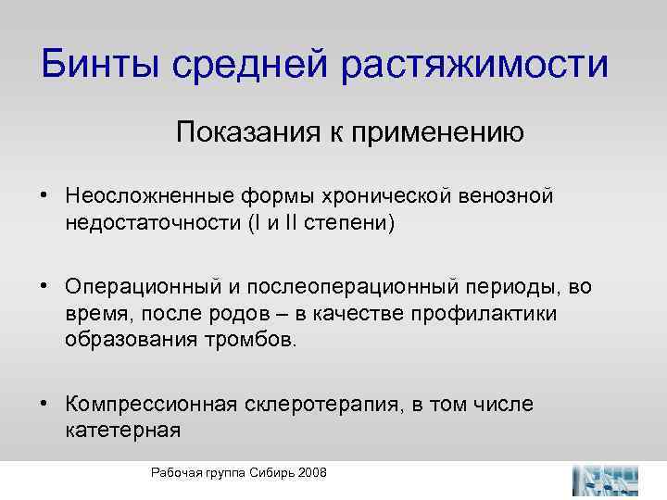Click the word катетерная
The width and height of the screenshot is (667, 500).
[x=122, y=431]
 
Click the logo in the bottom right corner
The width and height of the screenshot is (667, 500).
[x=607, y=480]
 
